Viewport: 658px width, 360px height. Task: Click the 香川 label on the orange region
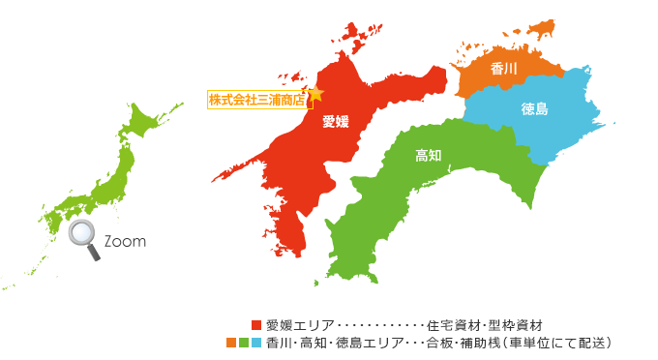pyautogui.click(x=504, y=69)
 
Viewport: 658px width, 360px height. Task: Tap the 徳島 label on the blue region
pyautogui.click(x=534, y=109)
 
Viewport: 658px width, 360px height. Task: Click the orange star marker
pyautogui.click(x=314, y=94)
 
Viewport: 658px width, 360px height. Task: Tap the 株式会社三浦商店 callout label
pyautogui.click(x=255, y=99)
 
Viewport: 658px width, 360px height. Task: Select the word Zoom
pyautogui.click(x=124, y=242)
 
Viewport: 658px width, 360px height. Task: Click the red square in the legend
pyautogui.click(x=256, y=324)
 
